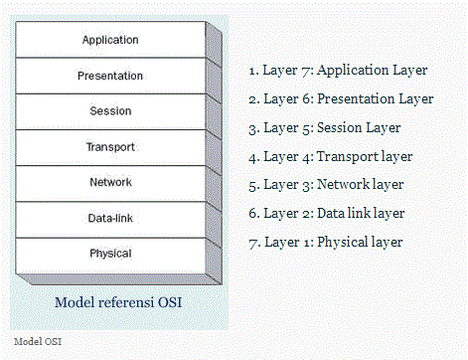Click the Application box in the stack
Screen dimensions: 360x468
click(x=110, y=41)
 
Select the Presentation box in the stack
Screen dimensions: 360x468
click(x=110, y=76)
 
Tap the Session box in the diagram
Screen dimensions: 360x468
click(x=110, y=111)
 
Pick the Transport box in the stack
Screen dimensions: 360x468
click(x=110, y=147)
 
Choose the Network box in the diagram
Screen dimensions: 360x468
click(x=110, y=183)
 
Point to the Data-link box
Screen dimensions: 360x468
click(x=110, y=219)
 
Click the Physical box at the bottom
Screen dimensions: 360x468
click(x=110, y=255)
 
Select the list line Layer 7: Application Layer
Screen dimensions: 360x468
click(x=338, y=71)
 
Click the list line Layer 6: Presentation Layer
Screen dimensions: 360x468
click(x=341, y=99)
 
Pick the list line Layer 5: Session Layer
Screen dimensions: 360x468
click(x=324, y=127)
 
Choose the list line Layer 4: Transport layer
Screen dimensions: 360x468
click(x=330, y=156)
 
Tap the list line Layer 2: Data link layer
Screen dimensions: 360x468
click(x=327, y=213)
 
